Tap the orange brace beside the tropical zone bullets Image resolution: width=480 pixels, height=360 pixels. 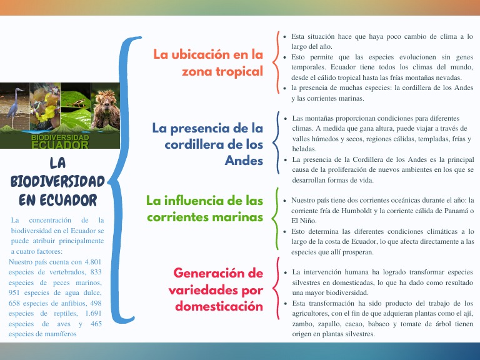pyautogui.click(x=277, y=62)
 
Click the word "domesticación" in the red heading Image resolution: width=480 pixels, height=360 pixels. pyautogui.click(x=219, y=306)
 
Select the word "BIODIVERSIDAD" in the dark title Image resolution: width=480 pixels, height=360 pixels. pyautogui.click(x=57, y=181)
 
